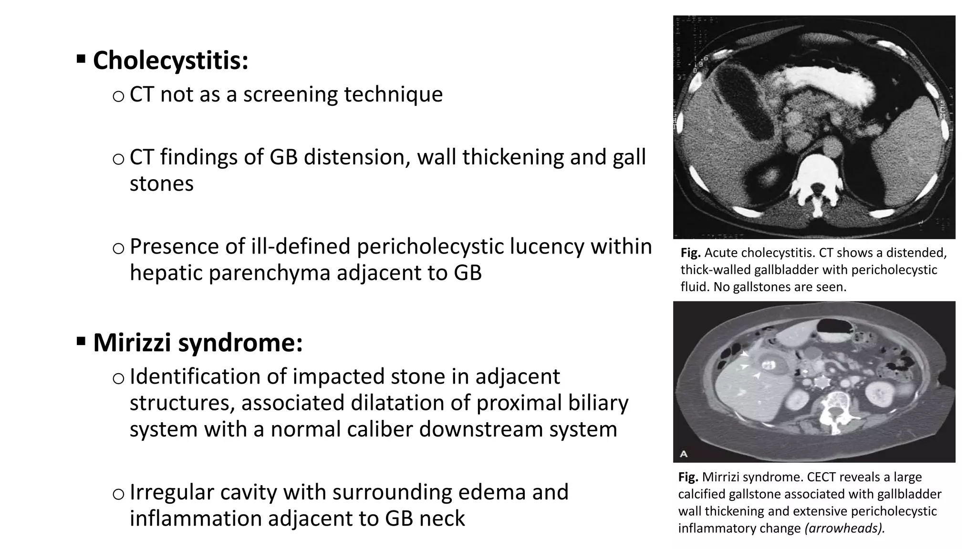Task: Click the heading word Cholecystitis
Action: click(170, 61)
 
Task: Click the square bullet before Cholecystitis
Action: click(81, 59)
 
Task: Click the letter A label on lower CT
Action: click(684, 454)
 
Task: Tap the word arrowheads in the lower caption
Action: click(843, 528)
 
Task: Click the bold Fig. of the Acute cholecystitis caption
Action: click(690, 253)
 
